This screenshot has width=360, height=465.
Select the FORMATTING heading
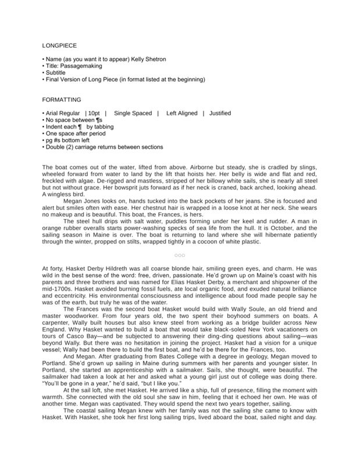(x=62, y=99)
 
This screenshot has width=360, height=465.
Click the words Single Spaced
(x=132, y=113)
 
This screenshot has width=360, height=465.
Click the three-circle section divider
(x=180, y=255)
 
